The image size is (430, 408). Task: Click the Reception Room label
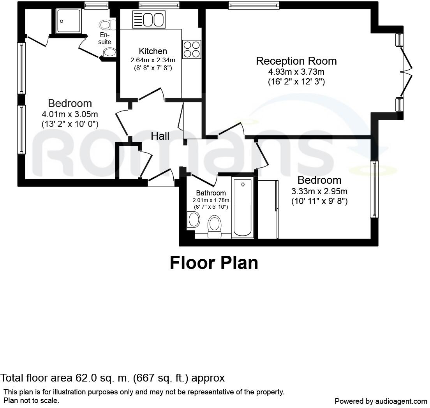click(296, 61)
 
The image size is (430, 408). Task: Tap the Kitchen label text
click(153, 51)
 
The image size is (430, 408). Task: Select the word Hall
click(160, 136)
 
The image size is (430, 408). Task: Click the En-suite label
click(104, 39)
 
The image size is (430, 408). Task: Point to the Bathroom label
click(211, 193)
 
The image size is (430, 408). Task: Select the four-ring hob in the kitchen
click(191, 49)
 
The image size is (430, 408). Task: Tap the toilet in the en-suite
click(107, 25)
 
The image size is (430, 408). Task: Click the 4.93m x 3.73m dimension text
click(296, 72)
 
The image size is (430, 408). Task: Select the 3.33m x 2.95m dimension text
click(319, 191)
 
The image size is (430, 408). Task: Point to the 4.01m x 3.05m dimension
click(70, 114)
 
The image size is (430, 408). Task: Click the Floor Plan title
click(214, 263)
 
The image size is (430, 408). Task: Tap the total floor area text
click(113, 378)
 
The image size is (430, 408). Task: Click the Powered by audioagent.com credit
click(381, 401)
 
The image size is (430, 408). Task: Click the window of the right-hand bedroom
click(374, 189)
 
